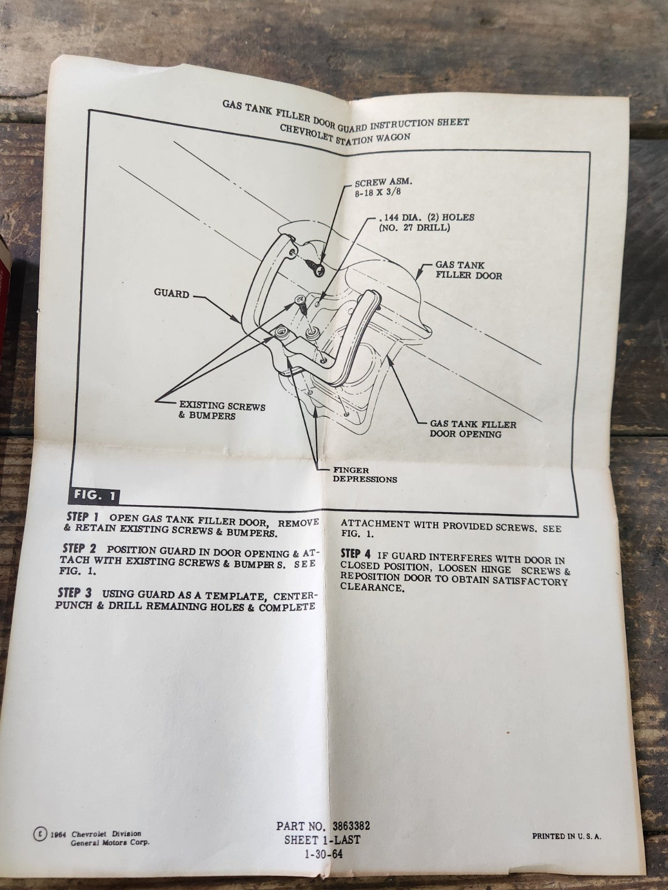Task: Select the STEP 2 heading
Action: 80,549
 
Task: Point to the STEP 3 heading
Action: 75,593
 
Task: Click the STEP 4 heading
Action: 356,554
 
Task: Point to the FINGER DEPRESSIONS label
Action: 365,475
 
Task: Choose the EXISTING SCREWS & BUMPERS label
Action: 222,411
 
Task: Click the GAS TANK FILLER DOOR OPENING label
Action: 473,429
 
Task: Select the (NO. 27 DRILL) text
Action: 414,228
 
